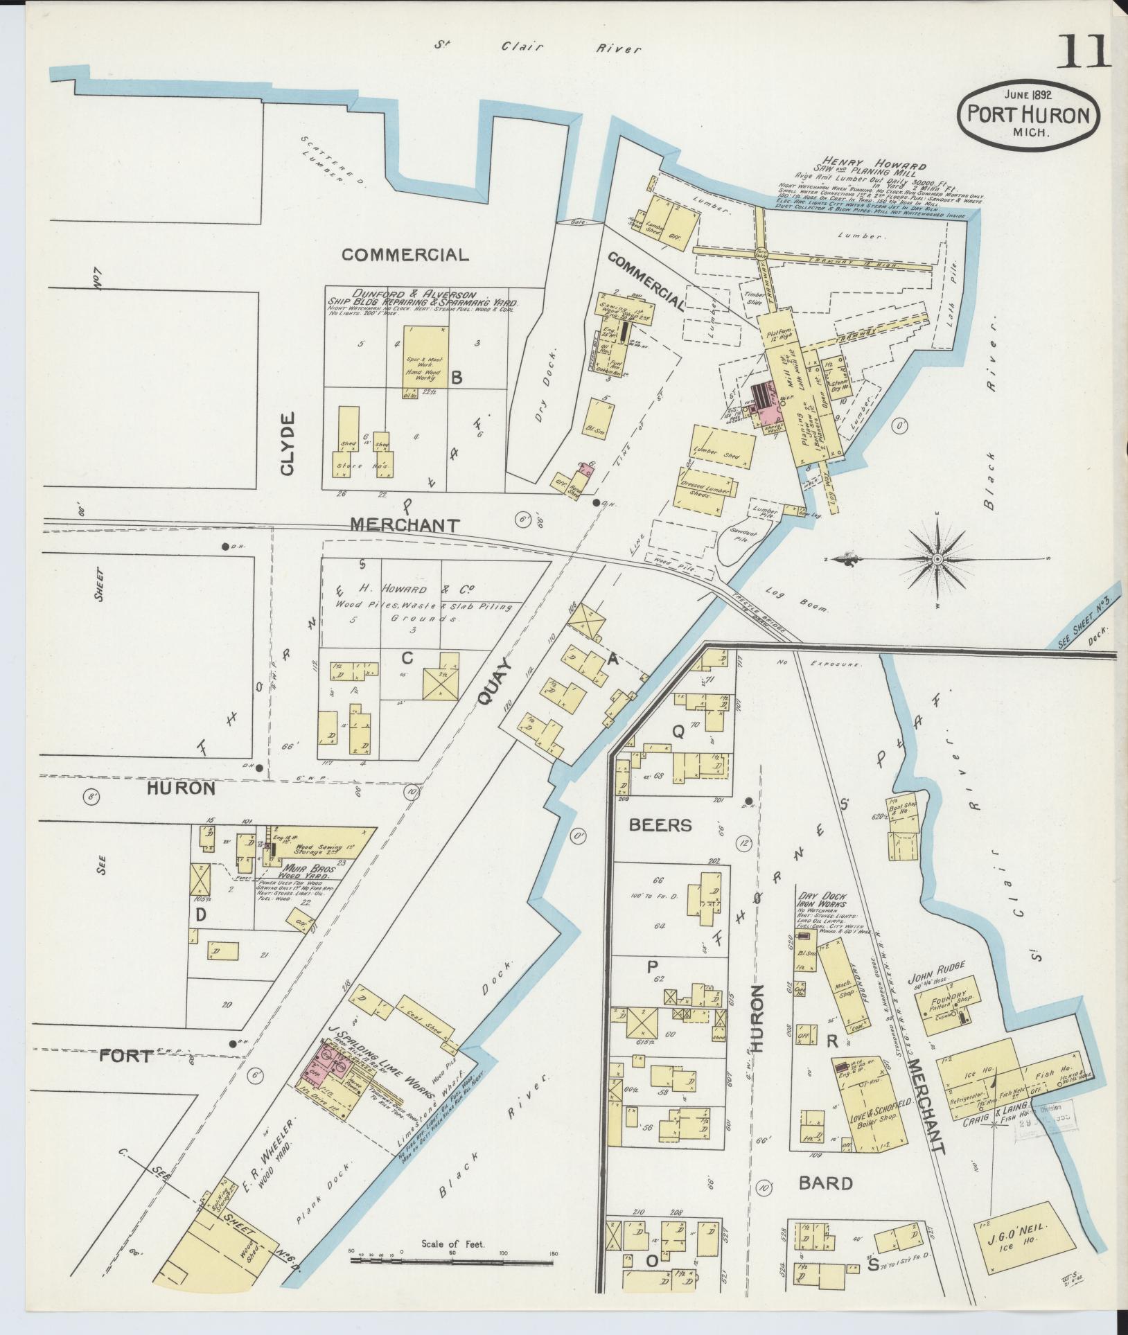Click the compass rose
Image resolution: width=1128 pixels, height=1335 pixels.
click(937, 558)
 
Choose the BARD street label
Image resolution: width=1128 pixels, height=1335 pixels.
click(826, 1183)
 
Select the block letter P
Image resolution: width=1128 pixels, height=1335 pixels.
click(652, 967)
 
